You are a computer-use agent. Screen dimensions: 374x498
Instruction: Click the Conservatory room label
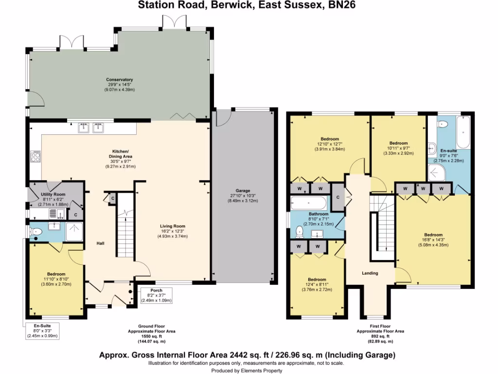[x=120, y=79]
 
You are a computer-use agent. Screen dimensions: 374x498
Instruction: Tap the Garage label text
[x=243, y=190]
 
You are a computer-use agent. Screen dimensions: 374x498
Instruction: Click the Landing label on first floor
[x=370, y=273]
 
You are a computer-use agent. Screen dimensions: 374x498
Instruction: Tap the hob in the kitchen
[x=36, y=156]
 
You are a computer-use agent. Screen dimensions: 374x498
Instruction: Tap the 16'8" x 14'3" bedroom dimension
[x=433, y=240]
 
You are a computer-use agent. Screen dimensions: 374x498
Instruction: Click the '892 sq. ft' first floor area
[x=381, y=336]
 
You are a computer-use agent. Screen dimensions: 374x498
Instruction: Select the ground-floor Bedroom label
[x=56, y=274]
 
